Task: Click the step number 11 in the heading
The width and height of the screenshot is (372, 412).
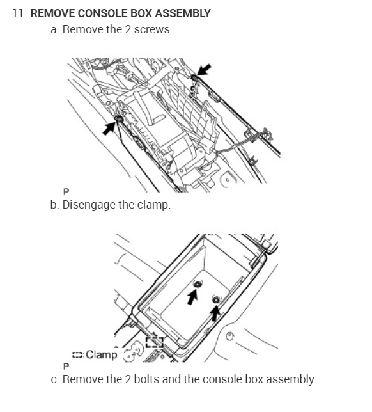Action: pyautogui.click(x=19, y=13)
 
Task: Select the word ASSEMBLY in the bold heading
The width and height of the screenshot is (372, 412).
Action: pyautogui.click(x=183, y=13)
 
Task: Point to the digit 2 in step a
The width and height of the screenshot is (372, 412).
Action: pyautogui.click(x=128, y=29)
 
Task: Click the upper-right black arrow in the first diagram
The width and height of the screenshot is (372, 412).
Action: pyautogui.click(x=204, y=69)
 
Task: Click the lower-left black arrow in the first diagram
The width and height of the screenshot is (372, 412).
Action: pyautogui.click(x=109, y=129)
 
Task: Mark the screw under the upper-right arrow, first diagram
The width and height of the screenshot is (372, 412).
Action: pyautogui.click(x=194, y=77)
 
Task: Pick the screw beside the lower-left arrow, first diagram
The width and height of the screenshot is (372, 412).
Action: pyautogui.click(x=119, y=119)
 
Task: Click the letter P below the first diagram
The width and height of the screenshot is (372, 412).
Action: pyautogui.click(x=66, y=192)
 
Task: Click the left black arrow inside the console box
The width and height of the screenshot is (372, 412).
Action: pyautogui.click(x=192, y=297)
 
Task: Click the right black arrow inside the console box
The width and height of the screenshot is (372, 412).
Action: pyautogui.click(x=215, y=313)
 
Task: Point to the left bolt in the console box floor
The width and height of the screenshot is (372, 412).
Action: pyautogui.click(x=198, y=284)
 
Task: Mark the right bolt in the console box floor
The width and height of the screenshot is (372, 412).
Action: pyautogui.click(x=216, y=299)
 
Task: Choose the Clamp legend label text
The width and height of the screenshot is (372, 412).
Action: pyautogui.click(x=102, y=354)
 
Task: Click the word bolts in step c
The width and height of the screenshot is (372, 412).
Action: pyautogui.click(x=146, y=379)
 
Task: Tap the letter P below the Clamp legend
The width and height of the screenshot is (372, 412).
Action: pyautogui.click(x=66, y=366)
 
